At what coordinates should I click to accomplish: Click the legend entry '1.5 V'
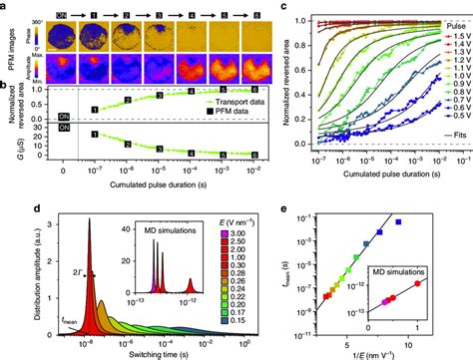[448, 31]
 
